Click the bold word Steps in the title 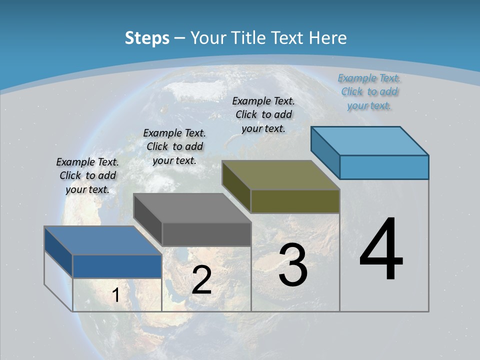[147, 38]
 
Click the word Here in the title [328, 38]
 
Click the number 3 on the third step [293, 264]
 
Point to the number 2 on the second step [201, 280]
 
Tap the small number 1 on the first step [115, 295]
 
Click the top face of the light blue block [369, 141]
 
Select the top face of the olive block [280, 175]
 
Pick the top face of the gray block [192, 208]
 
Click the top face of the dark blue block [103, 240]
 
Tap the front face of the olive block [295, 201]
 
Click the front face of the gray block [206, 234]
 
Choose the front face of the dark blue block [117, 266]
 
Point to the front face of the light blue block [384, 167]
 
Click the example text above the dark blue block [87, 175]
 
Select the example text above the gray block [174, 146]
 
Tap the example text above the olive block [263, 114]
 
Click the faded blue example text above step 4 [369, 91]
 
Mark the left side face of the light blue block [325, 152]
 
